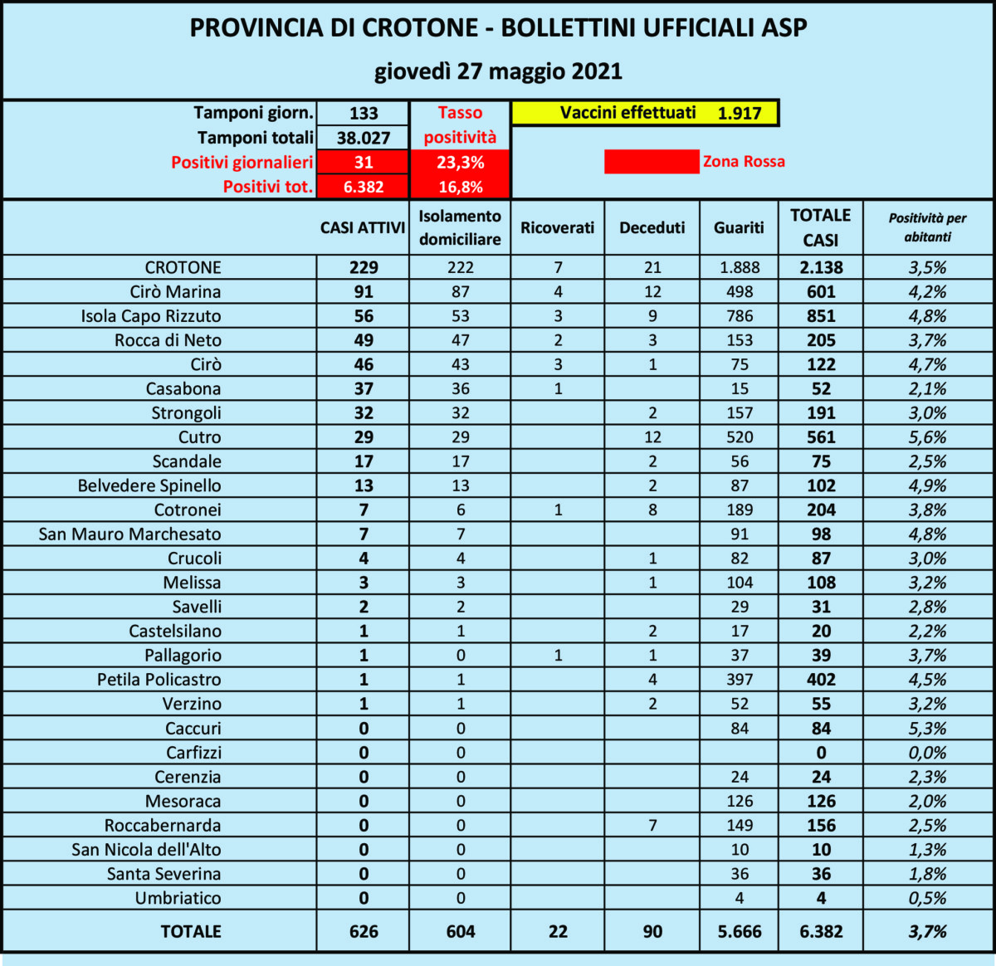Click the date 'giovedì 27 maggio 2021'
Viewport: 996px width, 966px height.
[498, 71]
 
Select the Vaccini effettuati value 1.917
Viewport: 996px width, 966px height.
[740, 113]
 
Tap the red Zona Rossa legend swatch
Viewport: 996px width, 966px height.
[652, 162]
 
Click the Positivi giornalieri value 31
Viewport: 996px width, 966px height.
[364, 162]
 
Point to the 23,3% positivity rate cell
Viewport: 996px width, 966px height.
[461, 162]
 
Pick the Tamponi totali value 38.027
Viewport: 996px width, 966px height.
[364, 138]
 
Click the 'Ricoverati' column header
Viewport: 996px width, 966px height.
[558, 227]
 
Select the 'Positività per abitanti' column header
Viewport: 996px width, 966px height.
[928, 227]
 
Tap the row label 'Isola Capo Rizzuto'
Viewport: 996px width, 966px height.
[151, 316]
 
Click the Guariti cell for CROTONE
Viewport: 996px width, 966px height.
[739, 267]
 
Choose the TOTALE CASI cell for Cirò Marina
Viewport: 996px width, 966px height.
[821, 292]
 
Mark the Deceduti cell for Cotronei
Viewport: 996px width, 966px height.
[652, 510]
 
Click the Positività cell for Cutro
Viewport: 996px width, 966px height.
[928, 437]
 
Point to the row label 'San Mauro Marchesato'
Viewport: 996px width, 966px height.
[130, 534]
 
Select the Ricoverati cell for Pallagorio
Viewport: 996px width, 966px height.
[558, 655]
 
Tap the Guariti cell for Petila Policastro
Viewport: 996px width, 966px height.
[739, 679]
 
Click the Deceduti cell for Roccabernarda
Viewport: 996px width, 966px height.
[652, 825]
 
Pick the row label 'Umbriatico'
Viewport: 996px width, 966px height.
[178, 898]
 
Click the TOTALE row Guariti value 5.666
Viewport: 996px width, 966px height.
[739, 931]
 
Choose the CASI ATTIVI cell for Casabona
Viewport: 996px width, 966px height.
[364, 388]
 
